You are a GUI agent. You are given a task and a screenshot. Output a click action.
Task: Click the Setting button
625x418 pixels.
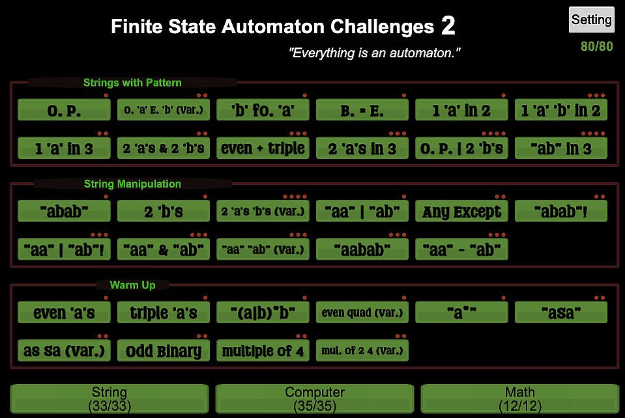(x=591, y=20)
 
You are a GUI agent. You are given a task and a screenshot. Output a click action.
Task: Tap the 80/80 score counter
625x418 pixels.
(x=596, y=47)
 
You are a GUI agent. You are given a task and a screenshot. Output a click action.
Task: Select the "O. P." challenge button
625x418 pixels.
(x=64, y=110)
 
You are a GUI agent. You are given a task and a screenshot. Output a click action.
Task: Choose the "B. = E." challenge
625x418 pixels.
(x=362, y=110)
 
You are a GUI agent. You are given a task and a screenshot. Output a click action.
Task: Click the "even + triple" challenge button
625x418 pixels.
(x=263, y=148)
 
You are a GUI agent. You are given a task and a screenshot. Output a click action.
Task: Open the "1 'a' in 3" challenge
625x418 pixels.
(x=64, y=148)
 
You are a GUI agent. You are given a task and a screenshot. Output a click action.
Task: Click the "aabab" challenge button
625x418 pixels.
(x=362, y=249)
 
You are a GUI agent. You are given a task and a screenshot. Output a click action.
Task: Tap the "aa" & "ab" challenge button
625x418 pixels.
(x=164, y=249)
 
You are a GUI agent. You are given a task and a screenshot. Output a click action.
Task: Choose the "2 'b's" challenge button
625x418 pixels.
(x=164, y=211)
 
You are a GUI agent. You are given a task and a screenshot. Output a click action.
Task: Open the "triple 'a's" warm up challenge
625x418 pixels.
(x=164, y=313)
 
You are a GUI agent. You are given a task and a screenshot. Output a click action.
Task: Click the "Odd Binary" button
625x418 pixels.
(x=164, y=351)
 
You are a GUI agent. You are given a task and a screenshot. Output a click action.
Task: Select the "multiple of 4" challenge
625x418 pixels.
(x=263, y=351)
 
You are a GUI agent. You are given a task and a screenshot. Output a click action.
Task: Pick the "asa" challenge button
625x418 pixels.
(x=561, y=313)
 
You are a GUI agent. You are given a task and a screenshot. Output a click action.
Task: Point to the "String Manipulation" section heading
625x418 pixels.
(x=132, y=184)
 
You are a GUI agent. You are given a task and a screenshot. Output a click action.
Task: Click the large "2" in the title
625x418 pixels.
(x=448, y=26)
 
